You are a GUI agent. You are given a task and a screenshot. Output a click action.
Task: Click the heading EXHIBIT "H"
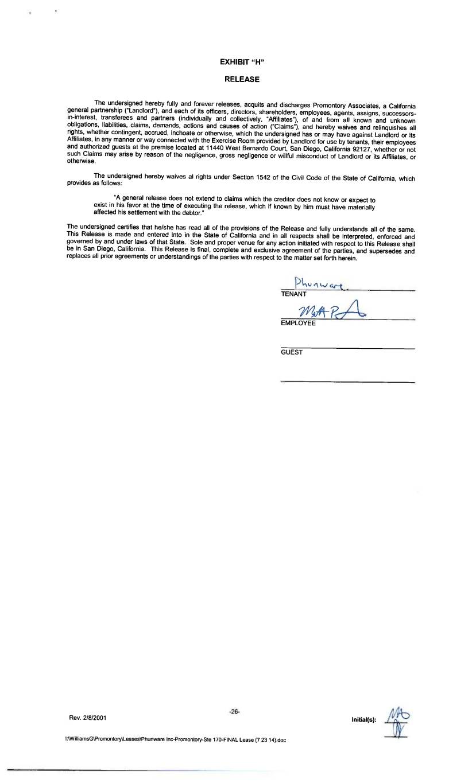(242, 61)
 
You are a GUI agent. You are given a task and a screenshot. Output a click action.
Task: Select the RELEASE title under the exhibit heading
(242, 79)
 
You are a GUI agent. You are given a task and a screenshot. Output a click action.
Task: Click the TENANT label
(293, 294)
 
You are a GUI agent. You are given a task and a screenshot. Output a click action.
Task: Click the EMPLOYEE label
(298, 324)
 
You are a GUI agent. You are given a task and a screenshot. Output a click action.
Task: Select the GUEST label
(291, 352)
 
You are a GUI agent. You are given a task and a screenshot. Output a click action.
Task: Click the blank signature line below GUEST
(347, 381)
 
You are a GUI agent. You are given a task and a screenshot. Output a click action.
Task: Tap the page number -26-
(234, 712)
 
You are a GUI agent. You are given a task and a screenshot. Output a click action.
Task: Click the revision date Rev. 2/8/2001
(87, 718)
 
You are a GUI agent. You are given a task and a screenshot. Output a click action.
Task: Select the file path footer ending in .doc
(176, 740)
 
